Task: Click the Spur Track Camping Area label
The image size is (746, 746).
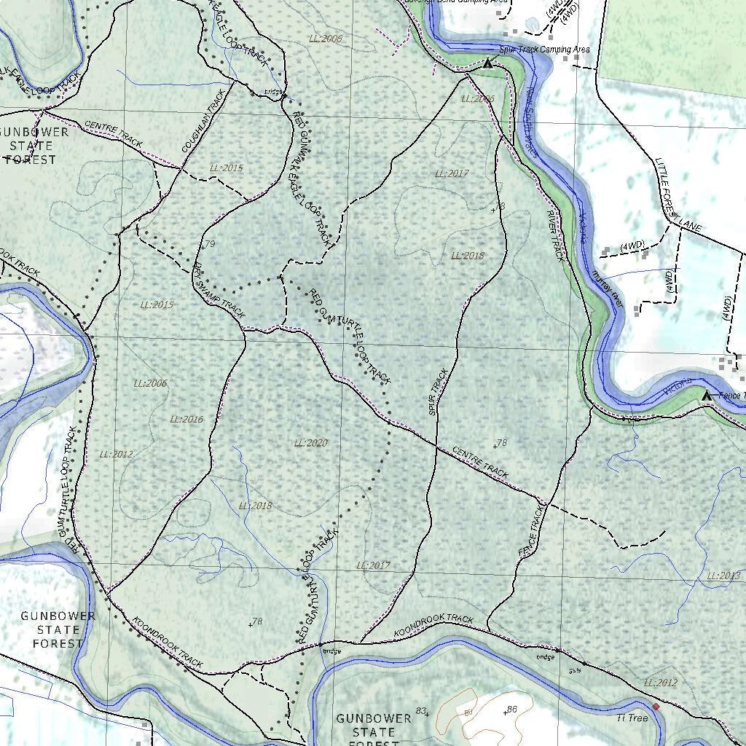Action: [544, 50]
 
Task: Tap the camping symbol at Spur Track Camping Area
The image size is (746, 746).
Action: [488, 64]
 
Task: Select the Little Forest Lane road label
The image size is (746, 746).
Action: [677, 195]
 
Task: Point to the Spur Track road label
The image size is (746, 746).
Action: [439, 393]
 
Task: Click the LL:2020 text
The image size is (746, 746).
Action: [311, 443]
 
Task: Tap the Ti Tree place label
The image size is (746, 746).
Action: [632, 718]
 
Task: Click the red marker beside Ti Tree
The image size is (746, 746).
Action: [656, 707]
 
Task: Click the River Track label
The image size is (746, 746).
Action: [556, 235]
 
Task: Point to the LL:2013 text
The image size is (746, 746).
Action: [723, 576]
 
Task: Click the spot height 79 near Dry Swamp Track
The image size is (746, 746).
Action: [208, 245]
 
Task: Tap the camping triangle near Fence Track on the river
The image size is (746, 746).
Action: [705, 396]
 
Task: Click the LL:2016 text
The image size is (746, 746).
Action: [186, 420]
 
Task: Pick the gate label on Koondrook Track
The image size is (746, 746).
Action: [575, 664]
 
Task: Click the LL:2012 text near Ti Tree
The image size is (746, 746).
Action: [660, 683]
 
